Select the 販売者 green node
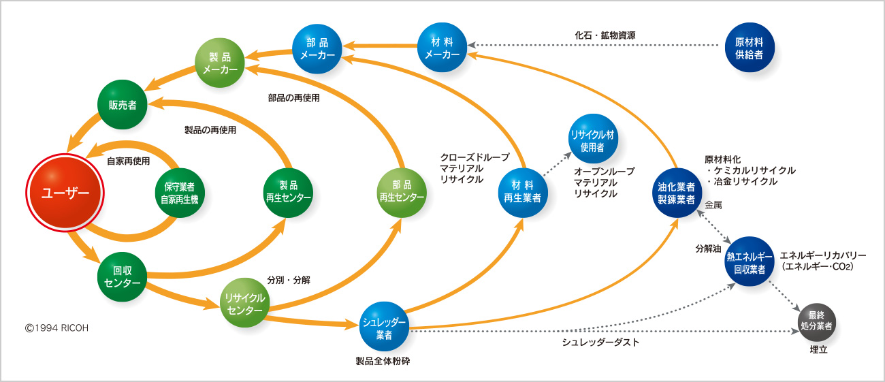coord(123,105)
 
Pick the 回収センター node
coord(123,276)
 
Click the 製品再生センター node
coord(288,193)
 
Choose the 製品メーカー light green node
coord(220,63)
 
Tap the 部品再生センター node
coord(402,193)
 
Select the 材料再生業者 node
coord(522,192)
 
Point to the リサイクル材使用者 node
coord(593,138)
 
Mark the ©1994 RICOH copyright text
coord(57,328)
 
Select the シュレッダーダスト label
coord(600,343)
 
